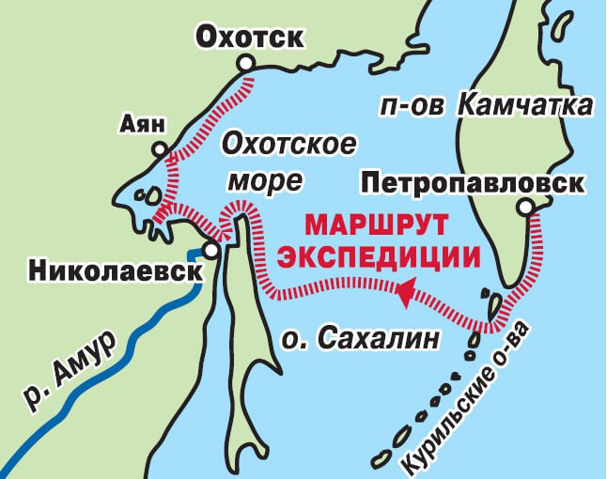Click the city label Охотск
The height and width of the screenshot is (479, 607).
tap(249, 37)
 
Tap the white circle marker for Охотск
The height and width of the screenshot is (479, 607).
tap(246, 63)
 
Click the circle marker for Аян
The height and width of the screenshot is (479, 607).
tap(161, 149)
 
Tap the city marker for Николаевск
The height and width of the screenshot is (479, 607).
tap(212, 252)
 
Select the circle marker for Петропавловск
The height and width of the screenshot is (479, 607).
tap(525, 207)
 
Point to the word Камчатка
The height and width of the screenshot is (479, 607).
tap(525, 106)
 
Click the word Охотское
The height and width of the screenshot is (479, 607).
tap(288, 145)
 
